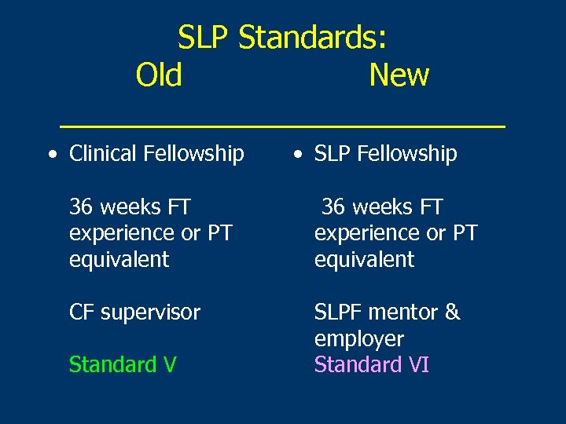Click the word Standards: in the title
click(x=312, y=37)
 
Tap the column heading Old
click(x=159, y=75)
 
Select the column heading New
click(x=399, y=75)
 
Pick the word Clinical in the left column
click(x=102, y=154)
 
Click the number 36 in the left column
click(x=81, y=207)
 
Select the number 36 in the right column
click(x=333, y=207)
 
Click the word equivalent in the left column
click(x=119, y=260)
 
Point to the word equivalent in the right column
click(x=364, y=260)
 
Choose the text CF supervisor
click(x=134, y=313)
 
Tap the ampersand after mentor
click(x=452, y=313)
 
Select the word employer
click(x=358, y=339)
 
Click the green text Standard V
click(x=123, y=365)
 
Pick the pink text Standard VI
click(x=371, y=365)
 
